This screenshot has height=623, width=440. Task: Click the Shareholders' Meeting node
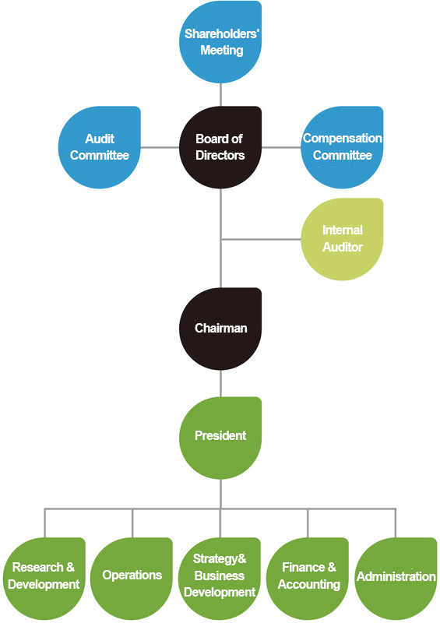coord(221,42)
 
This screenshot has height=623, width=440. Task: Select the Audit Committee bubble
coord(100,147)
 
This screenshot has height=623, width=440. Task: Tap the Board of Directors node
coord(220,147)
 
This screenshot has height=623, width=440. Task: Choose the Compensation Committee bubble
coord(342,147)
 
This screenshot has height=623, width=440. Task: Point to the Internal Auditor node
coord(342,239)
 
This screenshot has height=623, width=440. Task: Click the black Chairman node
coord(220,329)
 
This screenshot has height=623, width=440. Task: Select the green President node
coord(220,436)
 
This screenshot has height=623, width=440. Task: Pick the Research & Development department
coord(45,577)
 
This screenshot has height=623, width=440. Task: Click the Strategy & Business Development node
coord(220,577)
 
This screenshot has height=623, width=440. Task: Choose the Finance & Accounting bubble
coord(308,577)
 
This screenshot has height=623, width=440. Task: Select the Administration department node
coord(396,577)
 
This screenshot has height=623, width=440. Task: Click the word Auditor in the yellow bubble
coord(343,247)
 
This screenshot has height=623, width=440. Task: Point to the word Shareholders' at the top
coord(221,34)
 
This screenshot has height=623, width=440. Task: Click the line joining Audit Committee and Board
coord(160,147)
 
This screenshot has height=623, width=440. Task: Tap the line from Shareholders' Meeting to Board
coord(221,94)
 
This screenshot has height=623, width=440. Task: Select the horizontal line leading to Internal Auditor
coord(261,239)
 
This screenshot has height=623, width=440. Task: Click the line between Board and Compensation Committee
coord(281,147)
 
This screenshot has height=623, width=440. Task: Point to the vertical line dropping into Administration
coord(396,523)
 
